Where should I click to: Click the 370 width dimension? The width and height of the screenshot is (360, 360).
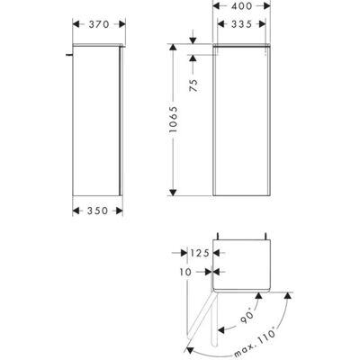[x=99, y=24]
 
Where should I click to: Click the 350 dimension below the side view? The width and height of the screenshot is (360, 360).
[x=97, y=211]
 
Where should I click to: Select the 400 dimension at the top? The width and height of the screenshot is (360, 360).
[x=241, y=5]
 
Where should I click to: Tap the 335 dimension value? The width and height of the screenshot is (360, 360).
[x=241, y=24]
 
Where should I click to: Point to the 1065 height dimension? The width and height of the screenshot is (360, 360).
[x=173, y=120]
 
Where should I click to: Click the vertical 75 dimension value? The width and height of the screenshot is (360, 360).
[x=193, y=85]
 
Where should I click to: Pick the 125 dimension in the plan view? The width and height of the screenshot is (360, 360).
[x=200, y=253]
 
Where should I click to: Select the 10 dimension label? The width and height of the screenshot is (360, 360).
[x=185, y=272]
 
